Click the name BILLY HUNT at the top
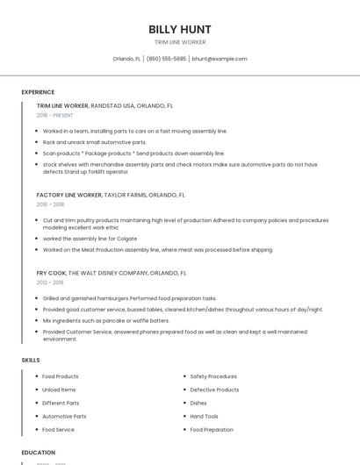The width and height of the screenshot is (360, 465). click(180, 29)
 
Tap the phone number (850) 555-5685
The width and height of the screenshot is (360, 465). click(166, 59)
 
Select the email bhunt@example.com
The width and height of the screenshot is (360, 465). click(220, 59)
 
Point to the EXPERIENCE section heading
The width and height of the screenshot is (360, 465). click(38, 92)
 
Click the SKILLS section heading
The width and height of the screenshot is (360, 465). click(30, 360)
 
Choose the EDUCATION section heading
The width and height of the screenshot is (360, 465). click(38, 453)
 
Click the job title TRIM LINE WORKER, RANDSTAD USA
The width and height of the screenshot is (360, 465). click(97, 105)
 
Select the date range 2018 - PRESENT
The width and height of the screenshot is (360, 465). click(56, 115)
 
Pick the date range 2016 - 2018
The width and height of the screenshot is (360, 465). click(50, 204)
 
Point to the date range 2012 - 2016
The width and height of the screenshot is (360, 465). click(50, 283)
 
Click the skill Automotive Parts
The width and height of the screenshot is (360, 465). click(64, 417)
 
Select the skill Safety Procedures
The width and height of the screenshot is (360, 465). click(213, 376)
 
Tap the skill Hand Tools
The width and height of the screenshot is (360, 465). click(205, 417)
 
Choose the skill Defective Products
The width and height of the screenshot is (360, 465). click(214, 390)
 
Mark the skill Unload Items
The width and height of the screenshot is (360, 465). click(59, 390)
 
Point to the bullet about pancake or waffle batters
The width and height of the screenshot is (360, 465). click(105, 321)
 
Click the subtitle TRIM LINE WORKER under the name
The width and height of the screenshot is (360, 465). click(180, 41)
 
